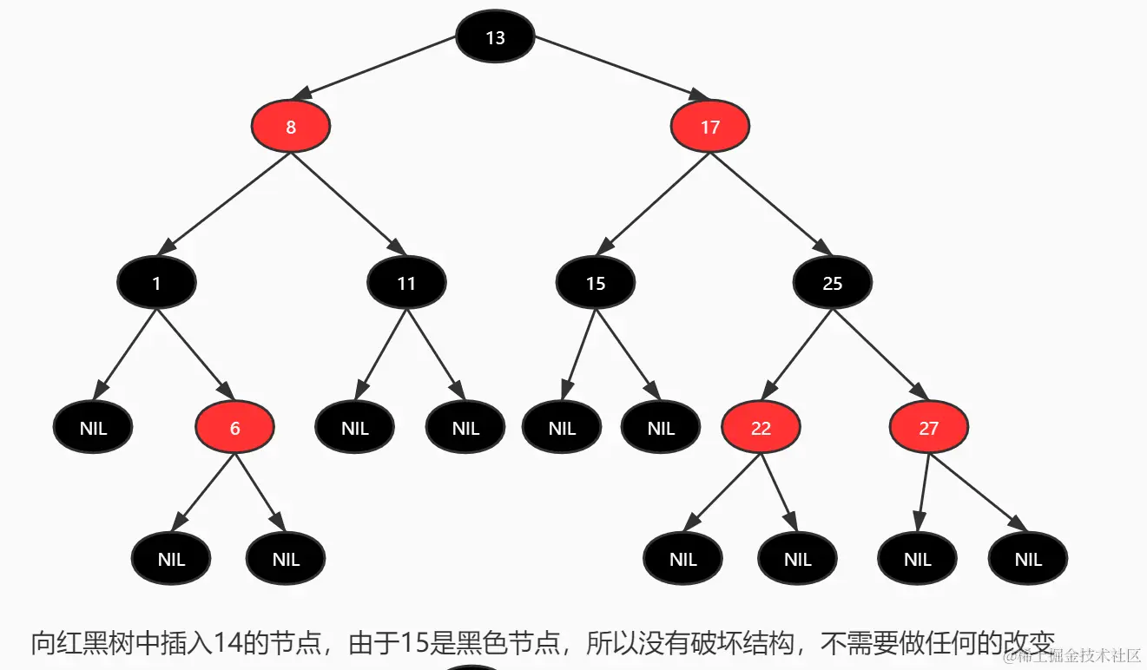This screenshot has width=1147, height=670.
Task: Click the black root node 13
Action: [495, 37]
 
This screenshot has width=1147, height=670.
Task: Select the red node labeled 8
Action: [290, 127]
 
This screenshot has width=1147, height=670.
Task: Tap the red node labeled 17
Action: [709, 127]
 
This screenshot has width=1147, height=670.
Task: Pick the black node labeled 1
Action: [156, 283]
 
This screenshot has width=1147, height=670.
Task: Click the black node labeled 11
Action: [406, 283]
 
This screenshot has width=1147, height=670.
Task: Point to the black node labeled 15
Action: [595, 283]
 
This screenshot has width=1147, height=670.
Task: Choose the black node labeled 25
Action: [832, 283]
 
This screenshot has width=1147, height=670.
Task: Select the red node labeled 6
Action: [234, 428]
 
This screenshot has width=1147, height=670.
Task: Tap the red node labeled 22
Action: [761, 428]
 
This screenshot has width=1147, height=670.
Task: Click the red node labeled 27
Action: [928, 428]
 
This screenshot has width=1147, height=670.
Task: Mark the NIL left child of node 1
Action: [93, 428]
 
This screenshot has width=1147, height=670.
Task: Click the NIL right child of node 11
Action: [465, 428]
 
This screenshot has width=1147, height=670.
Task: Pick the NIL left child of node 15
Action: [562, 428]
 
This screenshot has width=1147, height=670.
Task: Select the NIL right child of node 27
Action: [1028, 559]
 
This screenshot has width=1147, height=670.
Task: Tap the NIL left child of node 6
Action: [171, 559]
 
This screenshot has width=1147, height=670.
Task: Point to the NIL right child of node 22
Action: [797, 559]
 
